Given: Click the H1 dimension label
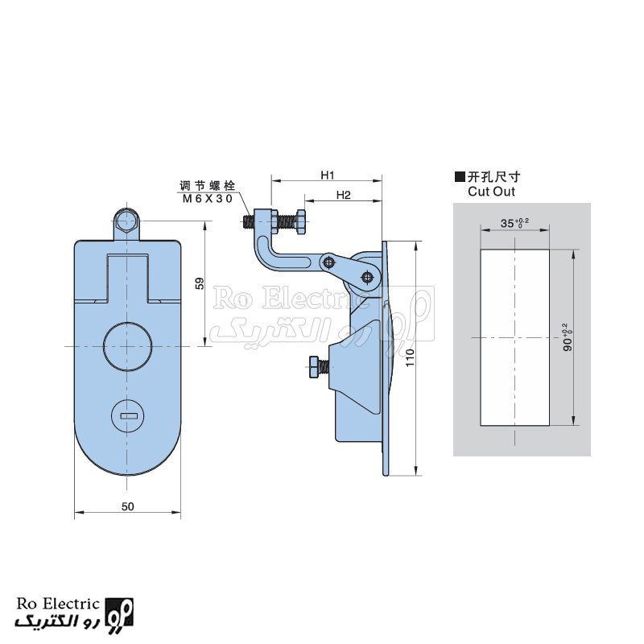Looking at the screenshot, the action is [328, 175].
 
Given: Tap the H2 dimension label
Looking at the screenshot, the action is [344, 195].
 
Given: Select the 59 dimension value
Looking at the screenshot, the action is [200, 283].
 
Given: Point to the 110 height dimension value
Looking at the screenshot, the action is [410, 358].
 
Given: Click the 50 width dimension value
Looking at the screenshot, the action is [128, 506].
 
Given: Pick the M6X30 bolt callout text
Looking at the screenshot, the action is [208, 199].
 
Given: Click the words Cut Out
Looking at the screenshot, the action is [491, 192].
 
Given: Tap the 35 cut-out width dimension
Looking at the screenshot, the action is [514, 223].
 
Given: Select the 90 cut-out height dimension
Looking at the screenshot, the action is [568, 337].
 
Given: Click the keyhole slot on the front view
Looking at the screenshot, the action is [129, 416].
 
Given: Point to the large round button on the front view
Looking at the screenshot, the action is [127, 346].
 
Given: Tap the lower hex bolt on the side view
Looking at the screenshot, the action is [313, 367].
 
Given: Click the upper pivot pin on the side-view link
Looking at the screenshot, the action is [328, 262].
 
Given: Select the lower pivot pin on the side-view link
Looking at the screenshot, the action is [367, 278].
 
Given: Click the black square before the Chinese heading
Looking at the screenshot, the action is [460, 177].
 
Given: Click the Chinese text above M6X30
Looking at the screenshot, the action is [208, 186].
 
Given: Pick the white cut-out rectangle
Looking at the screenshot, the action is [515, 337].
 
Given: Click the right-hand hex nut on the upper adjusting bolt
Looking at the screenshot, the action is [299, 222].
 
